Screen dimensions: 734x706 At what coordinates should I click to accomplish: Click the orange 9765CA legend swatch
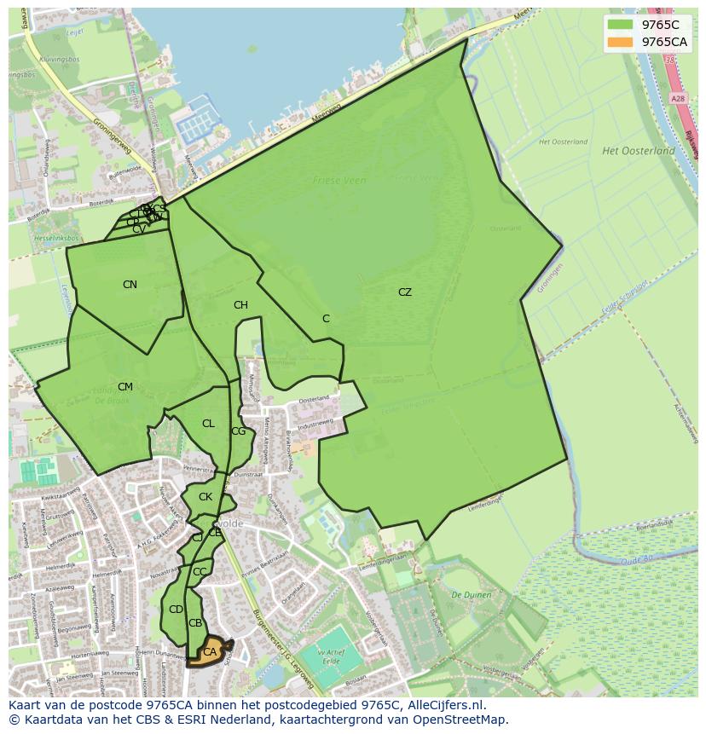(x=621, y=42)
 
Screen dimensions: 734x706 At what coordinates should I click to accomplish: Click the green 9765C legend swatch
(x=621, y=25)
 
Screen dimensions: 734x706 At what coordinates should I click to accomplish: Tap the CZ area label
(x=404, y=292)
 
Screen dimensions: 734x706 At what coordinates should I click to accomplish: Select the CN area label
(x=130, y=285)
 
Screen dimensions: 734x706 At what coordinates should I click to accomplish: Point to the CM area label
(x=125, y=387)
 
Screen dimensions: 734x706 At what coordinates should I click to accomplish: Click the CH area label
(x=240, y=305)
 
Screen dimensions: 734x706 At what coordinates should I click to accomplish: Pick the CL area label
(x=208, y=424)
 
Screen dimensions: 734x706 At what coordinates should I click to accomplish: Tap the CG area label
(x=238, y=431)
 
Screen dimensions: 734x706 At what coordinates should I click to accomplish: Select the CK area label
(x=205, y=497)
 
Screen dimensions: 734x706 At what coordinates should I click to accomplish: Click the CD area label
(x=176, y=610)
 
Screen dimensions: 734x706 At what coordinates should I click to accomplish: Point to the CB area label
(x=195, y=623)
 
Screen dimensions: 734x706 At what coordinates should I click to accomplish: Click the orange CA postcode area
(x=209, y=652)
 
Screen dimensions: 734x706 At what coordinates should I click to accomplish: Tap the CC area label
(x=200, y=572)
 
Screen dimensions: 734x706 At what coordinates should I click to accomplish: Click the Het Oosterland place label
(x=638, y=151)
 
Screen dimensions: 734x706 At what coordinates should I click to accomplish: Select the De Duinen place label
(x=468, y=595)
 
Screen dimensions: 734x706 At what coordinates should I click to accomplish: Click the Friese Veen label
(x=339, y=181)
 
